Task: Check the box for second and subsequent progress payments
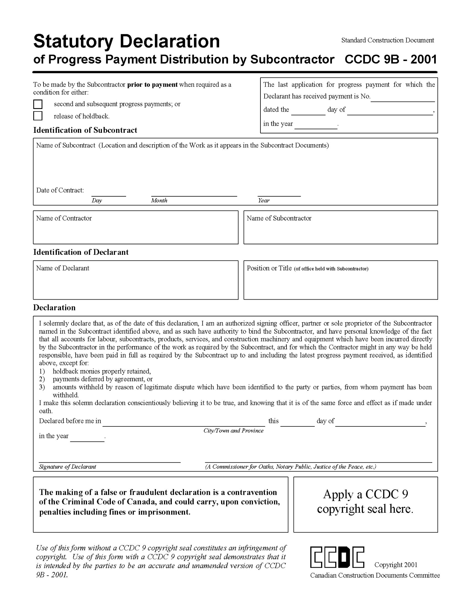(38, 104)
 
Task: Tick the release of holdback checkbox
(38, 116)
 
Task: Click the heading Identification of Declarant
(81, 252)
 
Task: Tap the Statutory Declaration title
(126, 41)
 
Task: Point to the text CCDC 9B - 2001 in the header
(391, 59)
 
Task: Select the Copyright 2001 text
(396, 565)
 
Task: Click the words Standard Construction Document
(387, 40)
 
